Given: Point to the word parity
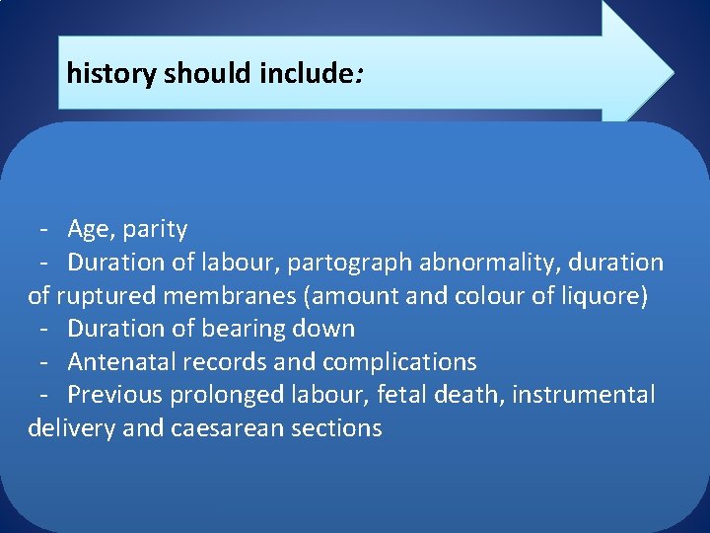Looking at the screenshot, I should click(156, 230).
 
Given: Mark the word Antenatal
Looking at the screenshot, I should click(113, 362).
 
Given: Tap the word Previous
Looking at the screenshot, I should click(115, 395).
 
